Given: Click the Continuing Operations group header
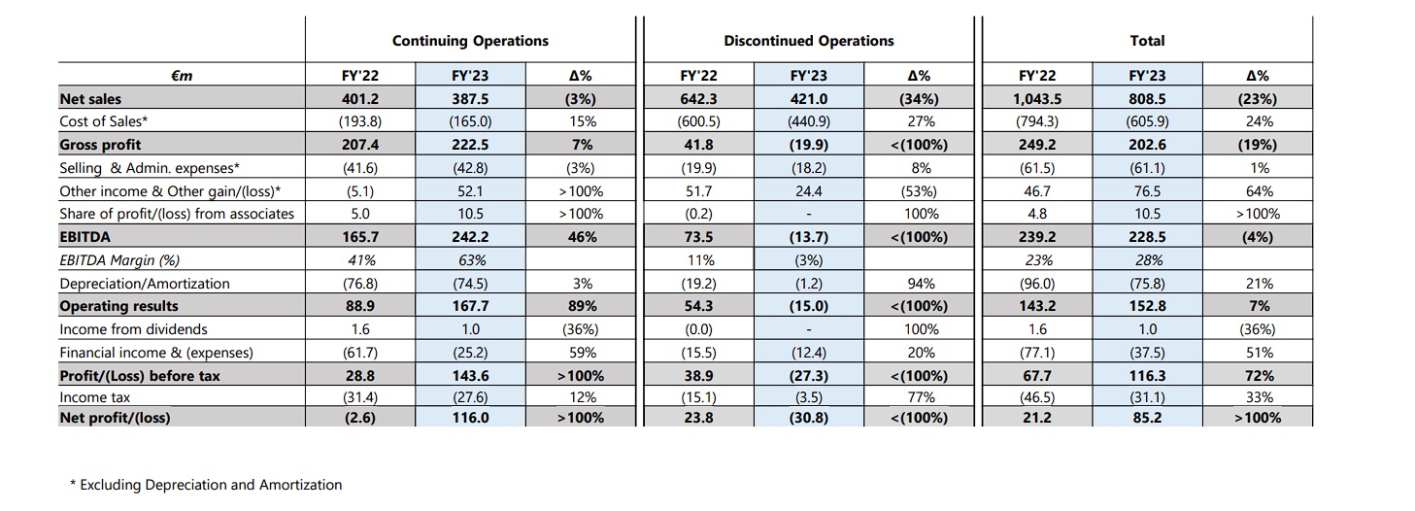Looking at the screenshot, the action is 470,41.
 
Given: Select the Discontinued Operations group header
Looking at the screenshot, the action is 809,41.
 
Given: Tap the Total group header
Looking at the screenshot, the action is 1147,41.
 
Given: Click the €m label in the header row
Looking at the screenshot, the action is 182,76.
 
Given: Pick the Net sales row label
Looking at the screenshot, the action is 90,99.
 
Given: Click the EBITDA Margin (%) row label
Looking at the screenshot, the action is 119,260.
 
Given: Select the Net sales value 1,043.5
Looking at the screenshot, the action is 1037,99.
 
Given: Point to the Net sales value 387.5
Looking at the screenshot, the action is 470,99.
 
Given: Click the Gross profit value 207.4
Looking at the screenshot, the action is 360,145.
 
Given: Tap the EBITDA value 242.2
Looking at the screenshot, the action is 470,237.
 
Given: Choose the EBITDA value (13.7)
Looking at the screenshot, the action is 809,237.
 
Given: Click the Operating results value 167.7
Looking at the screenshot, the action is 470,306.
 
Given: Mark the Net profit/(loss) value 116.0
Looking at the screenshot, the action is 470,418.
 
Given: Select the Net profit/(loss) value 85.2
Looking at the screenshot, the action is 1147,418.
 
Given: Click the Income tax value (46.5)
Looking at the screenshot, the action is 1037,397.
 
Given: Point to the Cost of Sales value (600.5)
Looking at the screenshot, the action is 698,121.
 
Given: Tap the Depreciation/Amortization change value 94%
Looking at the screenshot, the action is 921,284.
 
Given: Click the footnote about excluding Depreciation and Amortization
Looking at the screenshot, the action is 206,485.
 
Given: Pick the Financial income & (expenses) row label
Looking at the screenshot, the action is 156,353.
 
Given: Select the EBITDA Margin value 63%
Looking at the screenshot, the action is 472,260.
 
